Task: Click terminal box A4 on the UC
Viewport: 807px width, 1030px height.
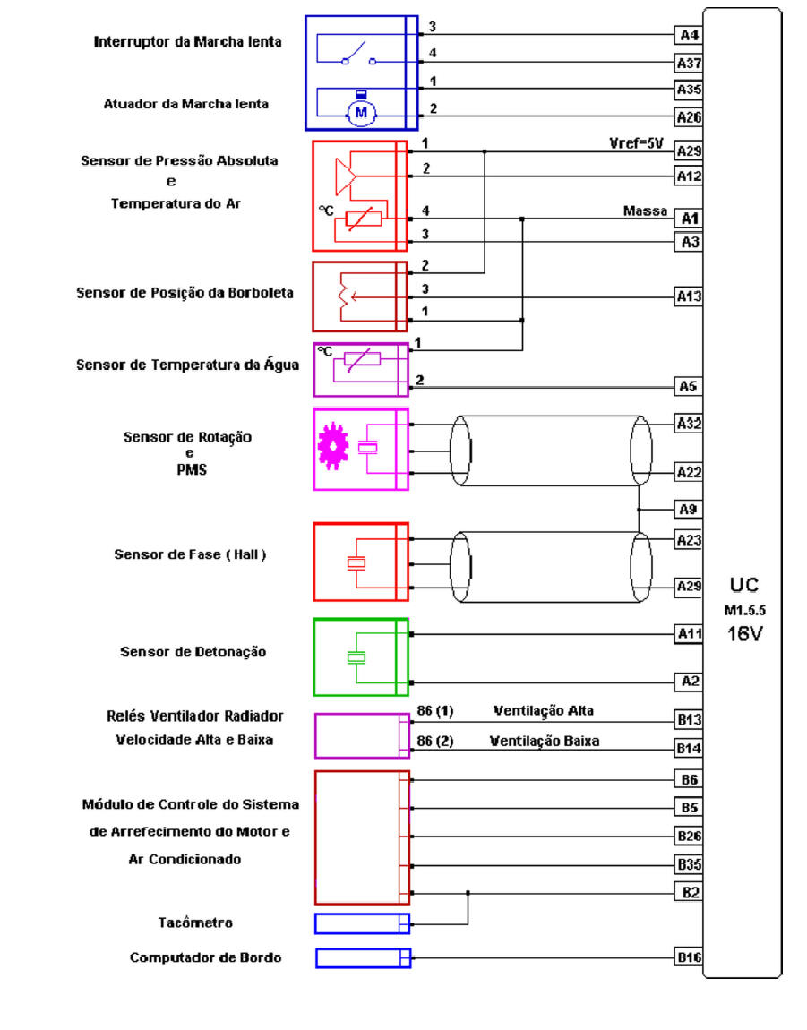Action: point(688,36)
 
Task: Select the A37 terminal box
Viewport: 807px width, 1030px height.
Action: point(688,63)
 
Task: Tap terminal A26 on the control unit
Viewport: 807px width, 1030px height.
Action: point(688,116)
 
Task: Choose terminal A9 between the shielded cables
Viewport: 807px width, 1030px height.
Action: point(688,510)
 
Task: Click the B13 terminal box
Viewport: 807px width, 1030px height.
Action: point(688,719)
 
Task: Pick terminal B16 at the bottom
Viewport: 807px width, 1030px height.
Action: point(688,957)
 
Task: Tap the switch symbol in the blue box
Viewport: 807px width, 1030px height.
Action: point(356,54)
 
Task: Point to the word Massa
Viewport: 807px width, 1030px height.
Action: point(645,211)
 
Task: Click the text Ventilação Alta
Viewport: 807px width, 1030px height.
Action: point(543,711)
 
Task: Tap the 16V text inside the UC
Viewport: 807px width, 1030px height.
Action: point(743,635)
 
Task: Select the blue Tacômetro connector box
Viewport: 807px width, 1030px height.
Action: point(362,923)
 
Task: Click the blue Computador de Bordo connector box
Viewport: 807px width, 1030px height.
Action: point(362,957)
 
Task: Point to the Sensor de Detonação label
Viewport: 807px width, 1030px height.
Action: point(193,651)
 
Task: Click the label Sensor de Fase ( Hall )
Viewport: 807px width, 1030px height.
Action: point(190,554)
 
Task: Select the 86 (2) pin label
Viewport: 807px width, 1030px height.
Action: point(435,742)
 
